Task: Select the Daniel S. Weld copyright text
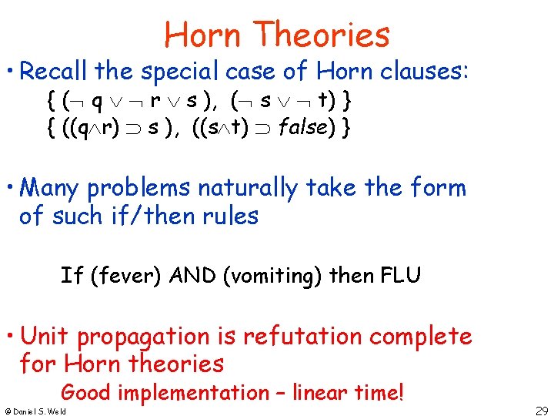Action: click(35, 411)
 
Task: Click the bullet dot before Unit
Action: click(8, 337)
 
